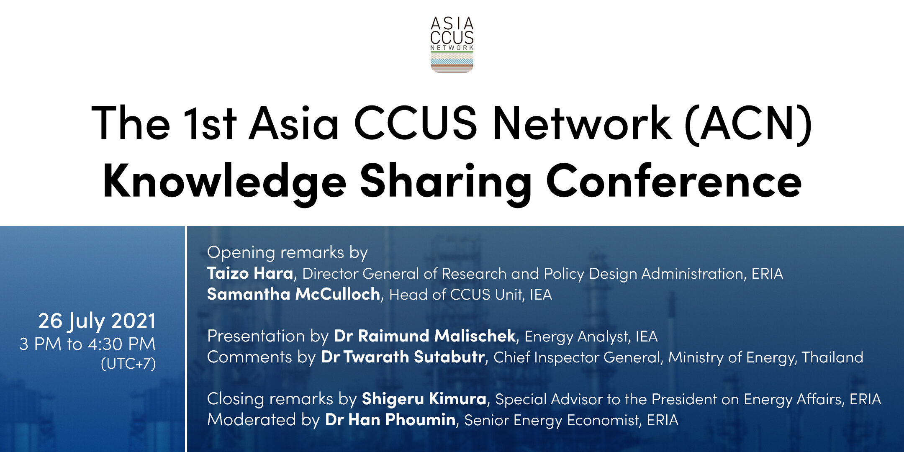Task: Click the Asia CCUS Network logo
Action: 452,45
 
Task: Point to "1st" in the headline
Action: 210,123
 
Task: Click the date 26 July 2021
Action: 97,321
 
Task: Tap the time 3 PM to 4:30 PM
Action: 87,344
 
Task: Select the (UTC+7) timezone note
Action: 128,363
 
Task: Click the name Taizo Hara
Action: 250,273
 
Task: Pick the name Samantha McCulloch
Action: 293,294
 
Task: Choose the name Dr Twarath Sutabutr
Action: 403,357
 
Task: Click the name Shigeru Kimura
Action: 424,399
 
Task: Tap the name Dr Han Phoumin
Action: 390,420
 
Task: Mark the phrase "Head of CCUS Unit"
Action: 456,295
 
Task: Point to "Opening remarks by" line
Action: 288,253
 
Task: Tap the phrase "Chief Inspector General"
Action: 577,357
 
